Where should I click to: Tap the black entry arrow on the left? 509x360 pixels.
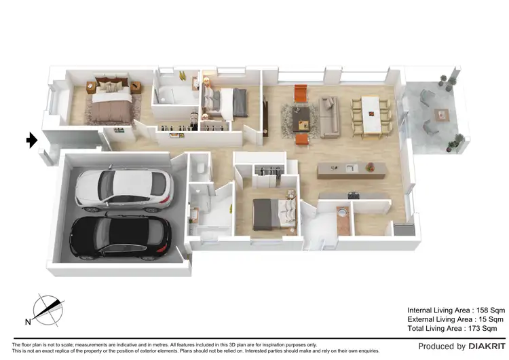click(x=31, y=141)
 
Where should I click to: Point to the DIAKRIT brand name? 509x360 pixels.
click(x=484, y=347)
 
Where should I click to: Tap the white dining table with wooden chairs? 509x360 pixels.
click(x=371, y=113)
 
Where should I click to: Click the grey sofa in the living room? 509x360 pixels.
click(x=329, y=116)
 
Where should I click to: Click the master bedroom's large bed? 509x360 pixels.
click(x=111, y=103)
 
